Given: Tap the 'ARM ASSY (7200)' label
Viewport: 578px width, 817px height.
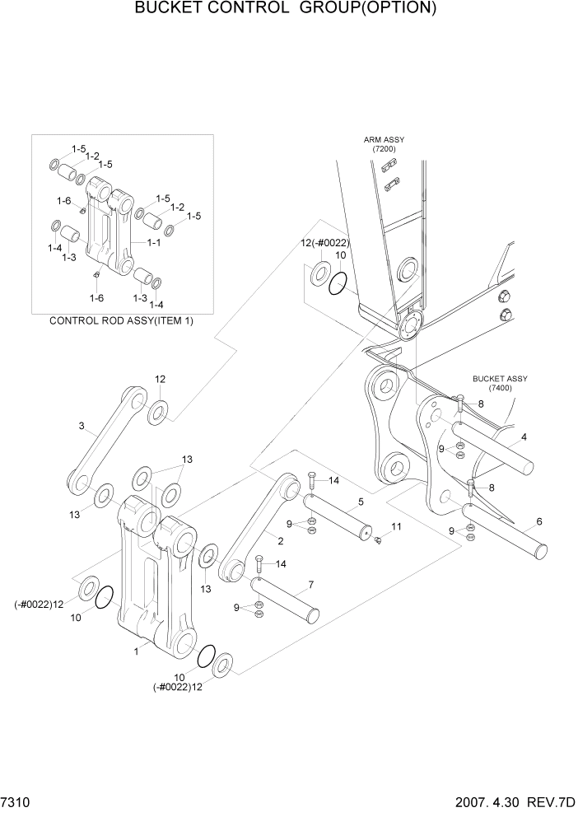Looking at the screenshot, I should coord(384,144).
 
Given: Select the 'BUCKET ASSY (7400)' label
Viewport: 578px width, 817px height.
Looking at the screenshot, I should coord(500,383).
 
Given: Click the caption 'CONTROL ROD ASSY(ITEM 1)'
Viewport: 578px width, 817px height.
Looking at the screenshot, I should coord(122,320).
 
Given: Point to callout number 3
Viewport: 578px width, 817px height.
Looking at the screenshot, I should coord(82,426).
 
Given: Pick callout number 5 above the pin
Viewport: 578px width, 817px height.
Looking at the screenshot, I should coord(360,501).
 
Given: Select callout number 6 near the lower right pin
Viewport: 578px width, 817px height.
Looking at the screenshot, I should coord(538,521).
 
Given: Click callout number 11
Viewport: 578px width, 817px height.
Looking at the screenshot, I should coord(396,526).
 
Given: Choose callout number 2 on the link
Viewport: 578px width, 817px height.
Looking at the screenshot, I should coord(281,540).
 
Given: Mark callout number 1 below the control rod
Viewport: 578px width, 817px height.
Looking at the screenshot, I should coord(137,651).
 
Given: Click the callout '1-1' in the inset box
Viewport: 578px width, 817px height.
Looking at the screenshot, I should coord(153,243).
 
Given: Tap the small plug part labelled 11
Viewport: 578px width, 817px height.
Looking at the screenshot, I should coord(378,540).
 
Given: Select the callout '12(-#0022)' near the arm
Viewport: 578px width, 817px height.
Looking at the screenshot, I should coord(324,243).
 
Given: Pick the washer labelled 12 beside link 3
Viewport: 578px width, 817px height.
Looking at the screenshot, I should coord(158,409).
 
